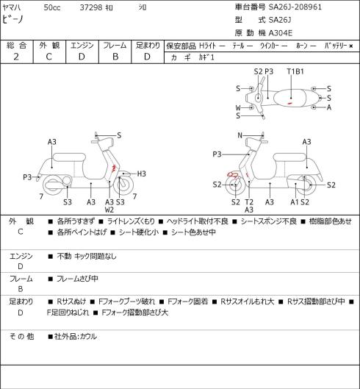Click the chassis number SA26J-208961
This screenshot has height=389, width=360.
point(295,7)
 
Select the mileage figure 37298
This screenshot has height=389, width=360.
point(91,7)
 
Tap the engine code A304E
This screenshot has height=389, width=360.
point(281,33)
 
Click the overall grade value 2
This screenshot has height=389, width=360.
point(16,57)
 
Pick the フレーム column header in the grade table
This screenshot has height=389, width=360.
point(115,46)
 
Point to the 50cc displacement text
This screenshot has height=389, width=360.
point(52,7)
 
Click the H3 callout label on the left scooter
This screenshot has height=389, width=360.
point(141,174)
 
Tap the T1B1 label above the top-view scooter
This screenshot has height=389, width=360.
point(295,71)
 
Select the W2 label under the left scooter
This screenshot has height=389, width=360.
point(109,210)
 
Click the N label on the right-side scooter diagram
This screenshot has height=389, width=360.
point(240,135)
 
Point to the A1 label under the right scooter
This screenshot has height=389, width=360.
point(295,202)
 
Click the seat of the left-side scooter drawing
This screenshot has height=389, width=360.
point(69,157)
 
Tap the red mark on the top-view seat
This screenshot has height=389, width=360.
point(289,103)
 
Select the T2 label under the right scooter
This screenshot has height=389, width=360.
point(249,202)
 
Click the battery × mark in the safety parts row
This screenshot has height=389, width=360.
point(351,46)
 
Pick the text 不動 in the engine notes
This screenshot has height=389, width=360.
point(64,256)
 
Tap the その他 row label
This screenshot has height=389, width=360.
point(21,336)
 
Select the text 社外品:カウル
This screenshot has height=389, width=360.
point(76,337)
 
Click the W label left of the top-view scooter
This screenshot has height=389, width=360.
point(238,107)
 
